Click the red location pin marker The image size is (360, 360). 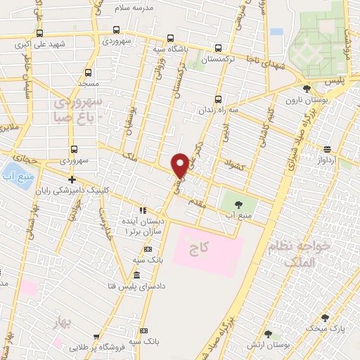pos(180,165)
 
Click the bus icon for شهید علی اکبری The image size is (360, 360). pos(39,33)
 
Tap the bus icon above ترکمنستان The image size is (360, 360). pos(218,49)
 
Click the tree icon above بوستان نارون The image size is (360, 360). pos(307,89)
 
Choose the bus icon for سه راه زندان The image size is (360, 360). pos(218,98)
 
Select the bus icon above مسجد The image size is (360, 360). pos(88,72)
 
